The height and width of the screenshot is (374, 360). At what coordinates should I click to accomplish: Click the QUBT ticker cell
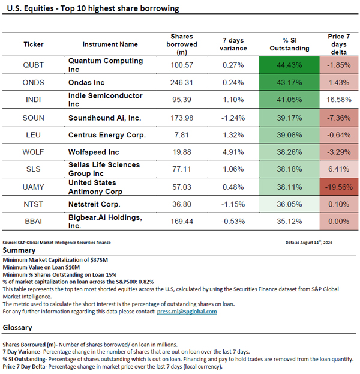pyautogui.click(x=33, y=65)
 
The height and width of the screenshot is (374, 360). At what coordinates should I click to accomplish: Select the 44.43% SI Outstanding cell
pyautogui.click(x=289, y=65)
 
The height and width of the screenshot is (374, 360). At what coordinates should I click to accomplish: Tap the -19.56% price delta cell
pyautogui.click(x=339, y=187)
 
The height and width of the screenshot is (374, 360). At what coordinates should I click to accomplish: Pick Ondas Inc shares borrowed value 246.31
pyautogui.click(x=182, y=82)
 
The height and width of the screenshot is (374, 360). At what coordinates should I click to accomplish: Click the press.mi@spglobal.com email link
pyautogui.click(x=187, y=312)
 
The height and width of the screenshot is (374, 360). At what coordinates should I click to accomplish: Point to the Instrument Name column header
pyautogui.click(x=110, y=44)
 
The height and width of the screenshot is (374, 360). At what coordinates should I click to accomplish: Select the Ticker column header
pyautogui.click(x=34, y=44)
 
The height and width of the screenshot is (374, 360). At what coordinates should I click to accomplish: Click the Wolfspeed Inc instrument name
pyautogui.click(x=94, y=152)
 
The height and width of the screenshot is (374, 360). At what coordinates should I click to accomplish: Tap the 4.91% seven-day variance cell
pyautogui.click(x=233, y=152)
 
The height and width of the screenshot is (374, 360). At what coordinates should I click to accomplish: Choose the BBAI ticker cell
pyautogui.click(x=34, y=222)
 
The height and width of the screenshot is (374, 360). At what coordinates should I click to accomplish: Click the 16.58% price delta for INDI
pyautogui.click(x=339, y=100)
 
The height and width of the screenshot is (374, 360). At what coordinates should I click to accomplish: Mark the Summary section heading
pyautogui.click(x=19, y=250)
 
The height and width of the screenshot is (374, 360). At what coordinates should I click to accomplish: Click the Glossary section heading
pyautogui.click(x=17, y=328)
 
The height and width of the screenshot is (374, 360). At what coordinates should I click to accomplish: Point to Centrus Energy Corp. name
pyautogui.click(x=107, y=135)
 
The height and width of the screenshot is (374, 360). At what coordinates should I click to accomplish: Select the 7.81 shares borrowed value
pyautogui.click(x=182, y=135)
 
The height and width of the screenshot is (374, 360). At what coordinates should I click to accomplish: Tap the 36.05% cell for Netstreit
pyautogui.click(x=289, y=204)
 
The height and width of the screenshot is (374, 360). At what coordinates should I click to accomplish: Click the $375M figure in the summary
pyautogui.click(x=99, y=260)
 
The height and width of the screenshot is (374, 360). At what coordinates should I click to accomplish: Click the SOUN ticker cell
pyautogui.click(x=34, y=118)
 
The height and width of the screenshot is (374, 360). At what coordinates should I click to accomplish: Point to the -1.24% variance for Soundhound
pyautogui.click(x=233, y=118)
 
